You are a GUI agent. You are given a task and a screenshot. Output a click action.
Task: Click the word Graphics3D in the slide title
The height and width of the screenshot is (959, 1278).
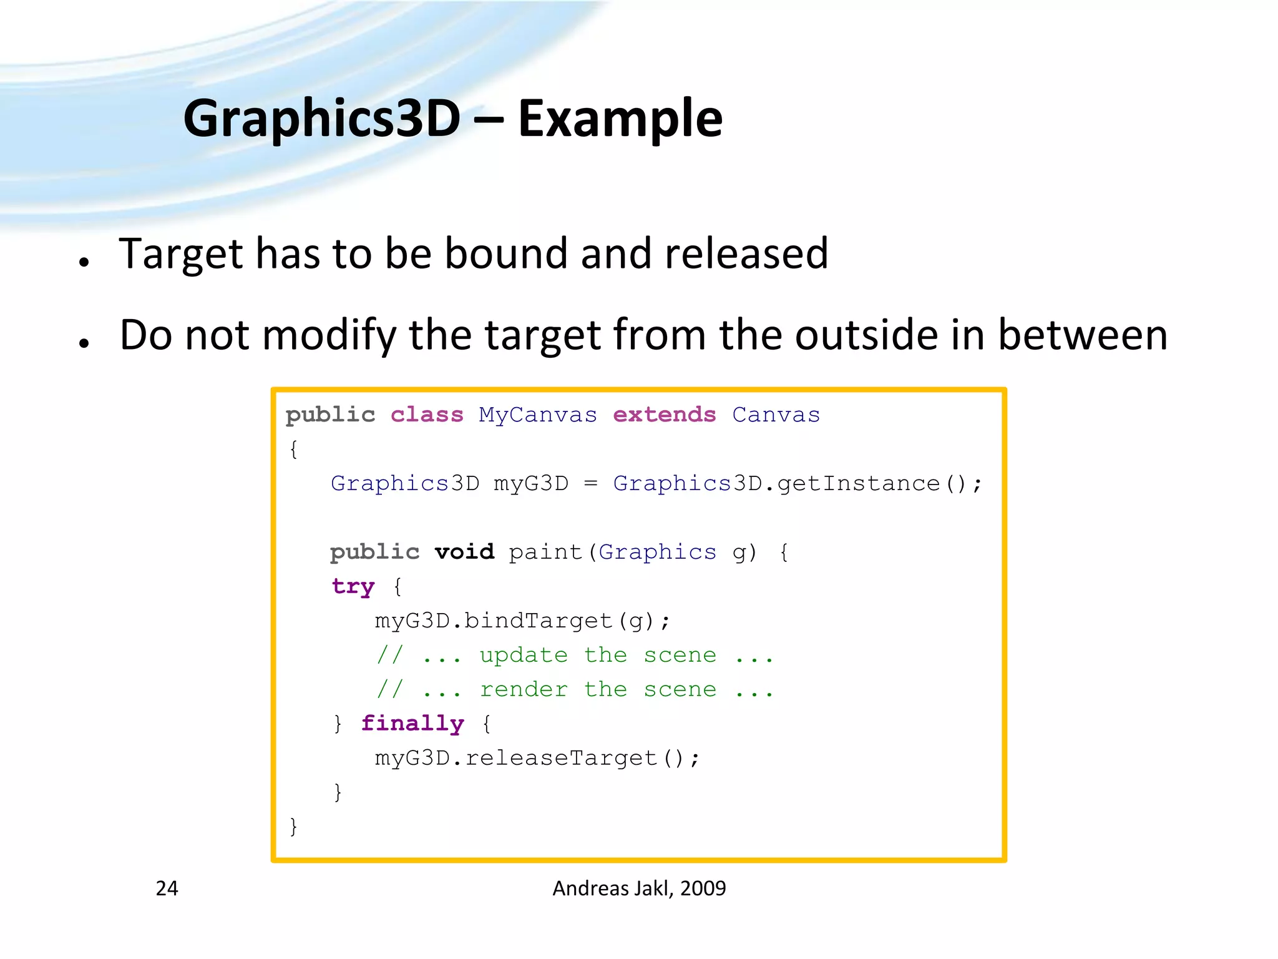pos(321,119)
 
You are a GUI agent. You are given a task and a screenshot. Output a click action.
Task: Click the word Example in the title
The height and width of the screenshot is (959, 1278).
pos(620,119)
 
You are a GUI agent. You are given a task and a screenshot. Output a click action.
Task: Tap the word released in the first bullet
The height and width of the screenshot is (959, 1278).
pos(746,253)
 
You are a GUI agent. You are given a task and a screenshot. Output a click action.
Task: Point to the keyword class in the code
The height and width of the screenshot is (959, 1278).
pos(427,415)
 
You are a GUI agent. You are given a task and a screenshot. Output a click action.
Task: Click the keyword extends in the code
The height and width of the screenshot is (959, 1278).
pos(664,415)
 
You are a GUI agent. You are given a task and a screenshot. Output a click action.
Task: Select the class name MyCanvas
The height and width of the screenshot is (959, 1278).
pos(537,415)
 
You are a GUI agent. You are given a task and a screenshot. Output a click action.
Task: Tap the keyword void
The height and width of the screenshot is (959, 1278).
pos(464,552)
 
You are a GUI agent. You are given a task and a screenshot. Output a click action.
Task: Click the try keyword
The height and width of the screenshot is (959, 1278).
pos(353,586)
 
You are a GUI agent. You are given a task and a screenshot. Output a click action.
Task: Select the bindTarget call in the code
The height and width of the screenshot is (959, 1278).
pos(538,621)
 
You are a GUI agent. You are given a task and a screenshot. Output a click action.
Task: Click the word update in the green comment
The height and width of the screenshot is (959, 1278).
pos(523,655)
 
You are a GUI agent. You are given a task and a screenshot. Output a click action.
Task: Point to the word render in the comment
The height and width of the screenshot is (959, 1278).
pos(523,689)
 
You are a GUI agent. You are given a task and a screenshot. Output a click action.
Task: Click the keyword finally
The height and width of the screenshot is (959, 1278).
pos(412,724)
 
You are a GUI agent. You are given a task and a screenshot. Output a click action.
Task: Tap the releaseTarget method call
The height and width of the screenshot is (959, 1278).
pos(560,758)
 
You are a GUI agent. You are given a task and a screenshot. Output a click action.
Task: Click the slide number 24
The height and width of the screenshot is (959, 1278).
pos(167,888)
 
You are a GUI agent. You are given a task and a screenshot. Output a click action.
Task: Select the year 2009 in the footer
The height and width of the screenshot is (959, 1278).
pos(703,888)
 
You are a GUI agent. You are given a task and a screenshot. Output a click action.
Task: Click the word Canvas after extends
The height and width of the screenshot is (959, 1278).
pos(776,415)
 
